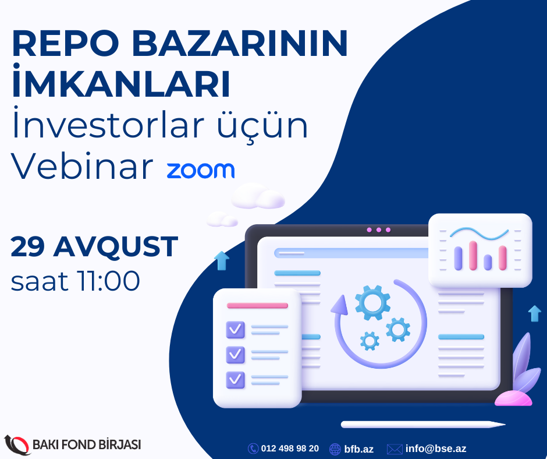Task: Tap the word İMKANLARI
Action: [x=121, y=81]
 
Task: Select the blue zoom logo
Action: [x=201, y=170]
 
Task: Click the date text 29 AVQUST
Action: [x=94, y=246]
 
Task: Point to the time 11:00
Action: [x=109, y=281]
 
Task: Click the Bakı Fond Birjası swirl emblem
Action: [x=17, y=444]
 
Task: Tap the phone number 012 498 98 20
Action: [x=290, y=449]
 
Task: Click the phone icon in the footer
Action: [x=253, y=449]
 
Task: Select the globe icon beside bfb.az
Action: [x=335, y=449]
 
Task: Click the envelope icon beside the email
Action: [x=395, y=449]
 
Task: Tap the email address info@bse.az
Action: [x=436, y=449]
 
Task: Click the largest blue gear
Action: [x=372, y=302]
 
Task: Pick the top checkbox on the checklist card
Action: [x=236, y=330]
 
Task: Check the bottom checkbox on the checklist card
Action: [x=236, y=380]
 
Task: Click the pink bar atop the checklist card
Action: [x=257, y=306]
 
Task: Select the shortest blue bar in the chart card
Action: [x=488, y=262]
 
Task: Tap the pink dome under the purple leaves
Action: [x=513, y=398]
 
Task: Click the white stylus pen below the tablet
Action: [x=423, y=425]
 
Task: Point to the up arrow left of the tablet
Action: [x=222, y=260]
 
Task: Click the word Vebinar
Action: [x=82, y=166]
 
